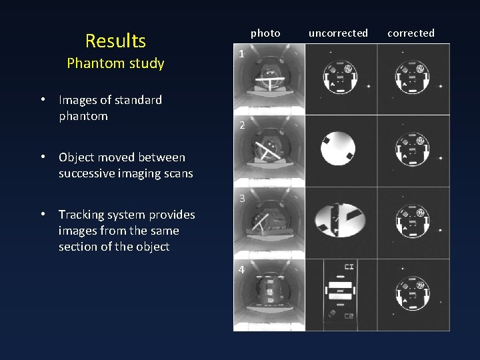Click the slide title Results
pyautogui.click(x=115, y=41)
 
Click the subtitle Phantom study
pyautogui.click(x=115, y=63)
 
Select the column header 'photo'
pyautogui.click(x=265, y=33)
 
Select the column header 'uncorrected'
pyautogui.click(x=338, y=33)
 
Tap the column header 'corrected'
pyautogui.click(x=411, y=33)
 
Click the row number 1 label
pyautogui.click(x=242, y=54)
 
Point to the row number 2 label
pyautogui.click(x=242, y=125)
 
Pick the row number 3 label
pyautogui.click(x=242, y=198)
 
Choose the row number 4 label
pyautogui.click(x=242, y=270)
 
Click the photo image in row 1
pyautogui.click(x=269, y=80)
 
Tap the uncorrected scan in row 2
pyautogui.click(x=340, y=151)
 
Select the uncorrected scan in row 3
pyautogui.click(x=340, y=223)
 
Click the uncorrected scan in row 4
pyautogui.click(x=340, y=295)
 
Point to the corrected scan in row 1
pyautogui.click(x=413, y=80)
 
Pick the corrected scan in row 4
pyautogui.click(x=413, y=295)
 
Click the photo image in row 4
pyautogui.click(x=269, y=295)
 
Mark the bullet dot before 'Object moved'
pyautogui.click(x=42, y=157)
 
